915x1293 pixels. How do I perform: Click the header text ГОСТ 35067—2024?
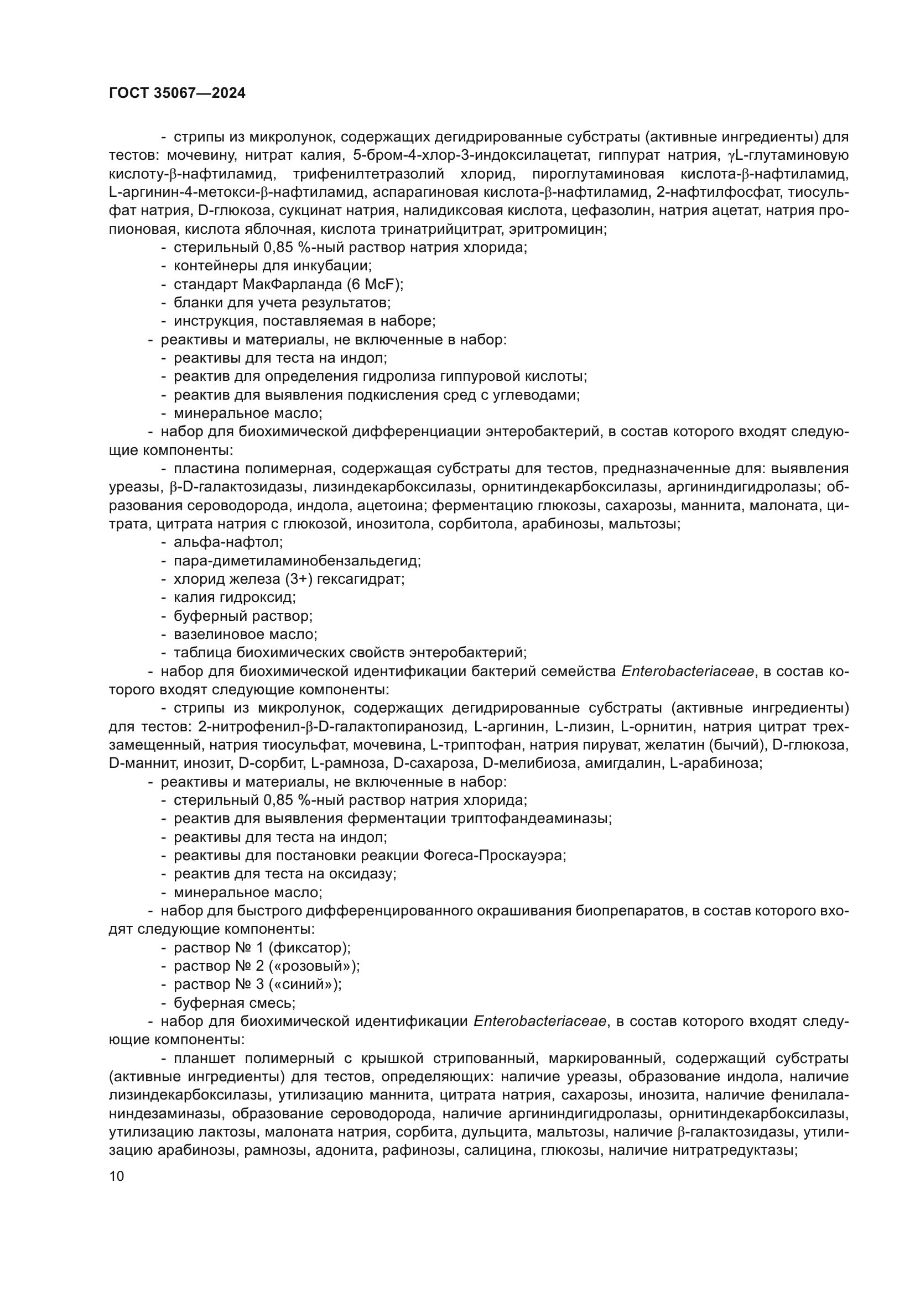(x=177, y=93)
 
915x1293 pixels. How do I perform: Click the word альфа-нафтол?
(x=227, y=542)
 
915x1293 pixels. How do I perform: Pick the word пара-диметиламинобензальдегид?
(x=297, y=561)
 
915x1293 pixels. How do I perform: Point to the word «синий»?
(x=304, y=985)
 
